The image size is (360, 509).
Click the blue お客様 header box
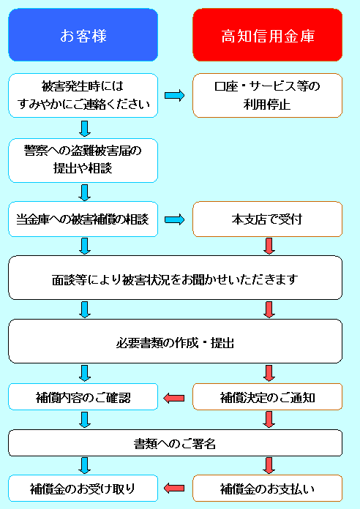click(x=83, y=34)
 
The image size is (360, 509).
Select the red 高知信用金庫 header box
click(x=267, y=34)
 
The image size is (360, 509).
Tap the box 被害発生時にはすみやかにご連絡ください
click(x=83, y=95)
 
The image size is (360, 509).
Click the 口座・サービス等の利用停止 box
click(x=267, y=95)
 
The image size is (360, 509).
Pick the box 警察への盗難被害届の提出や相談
click(x=83, y=160)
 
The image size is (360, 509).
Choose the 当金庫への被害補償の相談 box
click(x=83, y=219)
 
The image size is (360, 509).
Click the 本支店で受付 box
click(x=267, y=219)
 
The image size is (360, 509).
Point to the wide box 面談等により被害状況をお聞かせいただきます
click(x=175, y=278)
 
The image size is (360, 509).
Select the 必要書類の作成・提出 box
click(x=175, y=342)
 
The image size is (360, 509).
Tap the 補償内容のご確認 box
click(x=83, y=396)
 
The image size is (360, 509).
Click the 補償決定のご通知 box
click(x=267, y=396)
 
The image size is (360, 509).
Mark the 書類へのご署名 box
click(x=175, y=443)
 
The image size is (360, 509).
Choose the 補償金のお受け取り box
click(x=83, y=489)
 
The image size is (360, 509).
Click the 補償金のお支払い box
click(x=267, y=489)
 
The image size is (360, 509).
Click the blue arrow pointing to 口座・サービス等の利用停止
click(x=174, y=95)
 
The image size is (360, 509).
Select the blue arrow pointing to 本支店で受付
click(x=174, y=220)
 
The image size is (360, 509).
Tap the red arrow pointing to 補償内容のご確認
click(x=174, y=398)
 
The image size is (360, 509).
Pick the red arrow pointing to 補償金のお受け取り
click(x=174, y=489)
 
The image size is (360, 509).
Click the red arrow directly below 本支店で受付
click(x=269, y=246)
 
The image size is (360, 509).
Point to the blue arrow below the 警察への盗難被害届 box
click(x=85, y=192)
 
